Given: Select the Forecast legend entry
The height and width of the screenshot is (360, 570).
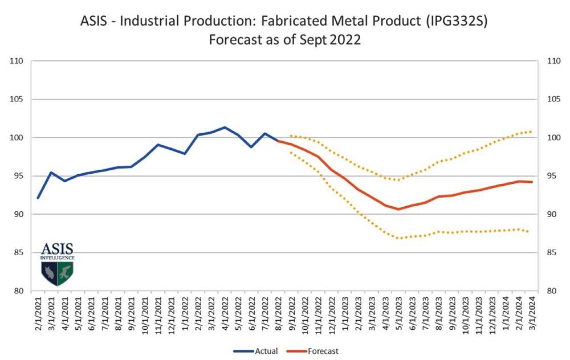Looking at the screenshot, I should (317, 351).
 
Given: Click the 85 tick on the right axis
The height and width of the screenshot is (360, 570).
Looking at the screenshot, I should (552, 252).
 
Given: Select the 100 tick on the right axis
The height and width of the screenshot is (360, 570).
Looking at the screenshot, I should (552, 138).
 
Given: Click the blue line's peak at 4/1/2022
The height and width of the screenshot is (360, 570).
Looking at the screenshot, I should (225, 127).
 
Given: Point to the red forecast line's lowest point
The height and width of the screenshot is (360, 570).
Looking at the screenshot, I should (398, 209).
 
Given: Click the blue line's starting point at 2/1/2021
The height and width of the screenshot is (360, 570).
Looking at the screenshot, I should (38, 198).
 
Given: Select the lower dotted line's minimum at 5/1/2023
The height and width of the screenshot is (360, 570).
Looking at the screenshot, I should (398, 238).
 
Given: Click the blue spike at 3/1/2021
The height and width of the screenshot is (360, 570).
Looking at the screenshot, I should (51, 172).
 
